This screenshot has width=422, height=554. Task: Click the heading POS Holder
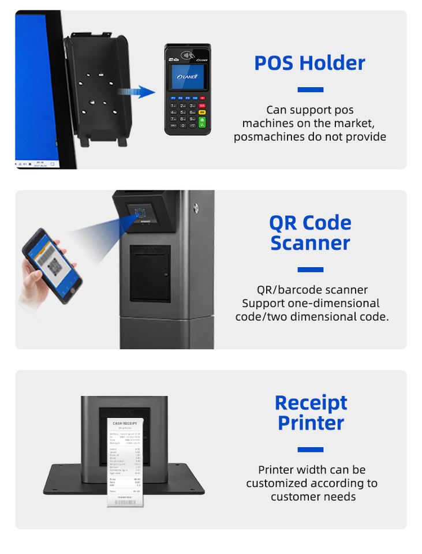click(310, 63)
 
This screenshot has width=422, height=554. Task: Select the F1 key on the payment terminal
click(173, 98)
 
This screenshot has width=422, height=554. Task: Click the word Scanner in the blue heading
click(310, 243)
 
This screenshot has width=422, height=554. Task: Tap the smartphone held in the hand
click(51, 265)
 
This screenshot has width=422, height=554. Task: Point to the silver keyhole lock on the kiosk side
click(196, 207)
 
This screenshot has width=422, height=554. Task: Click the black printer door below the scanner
click(150, 273)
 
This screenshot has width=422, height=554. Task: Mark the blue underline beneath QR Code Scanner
click(310, 269)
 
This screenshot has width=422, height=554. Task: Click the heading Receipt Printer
click(311, 412)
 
